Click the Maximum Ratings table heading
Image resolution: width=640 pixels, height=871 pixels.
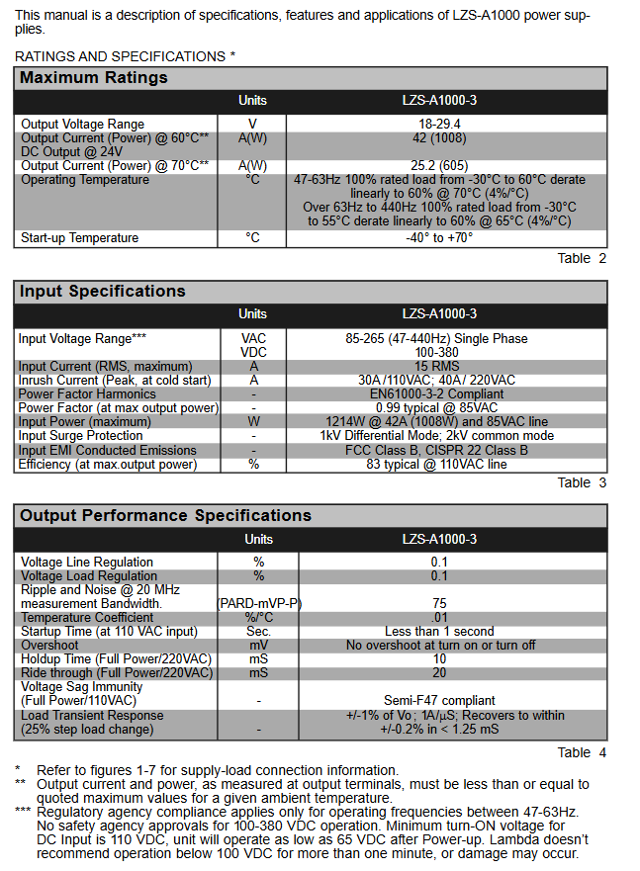click(x=94, y=78)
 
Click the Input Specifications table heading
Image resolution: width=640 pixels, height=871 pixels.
click(x=103, y=292)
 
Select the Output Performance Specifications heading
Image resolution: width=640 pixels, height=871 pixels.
click(x=165, y=516)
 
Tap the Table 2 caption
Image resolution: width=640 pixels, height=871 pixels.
click(x=581, y=259)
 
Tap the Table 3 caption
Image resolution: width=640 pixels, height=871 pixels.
click(x=581, y=483)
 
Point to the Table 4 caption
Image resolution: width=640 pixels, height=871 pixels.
click(x=581, y=752)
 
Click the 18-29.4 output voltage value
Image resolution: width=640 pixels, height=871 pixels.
click(x=439, y=125)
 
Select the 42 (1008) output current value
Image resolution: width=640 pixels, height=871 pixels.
click(x=439, y=138)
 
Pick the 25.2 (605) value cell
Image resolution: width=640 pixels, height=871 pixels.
click(x=439, y=165)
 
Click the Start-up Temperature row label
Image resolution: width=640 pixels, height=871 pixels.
click(x=80, y=238)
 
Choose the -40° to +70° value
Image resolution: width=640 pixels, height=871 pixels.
click(x=439, y=238)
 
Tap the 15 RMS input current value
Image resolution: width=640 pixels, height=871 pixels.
click(x=439, y=367)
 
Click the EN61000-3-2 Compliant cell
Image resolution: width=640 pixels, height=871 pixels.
click(x=439, y=394)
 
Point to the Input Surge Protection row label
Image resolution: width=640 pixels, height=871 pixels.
click(x=80, y=436)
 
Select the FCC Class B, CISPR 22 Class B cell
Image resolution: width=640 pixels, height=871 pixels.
click(x=439, y=451)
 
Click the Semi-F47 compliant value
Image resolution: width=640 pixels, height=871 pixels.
click(x=439, y=700)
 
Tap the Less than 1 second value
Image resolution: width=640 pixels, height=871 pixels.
click(x=439, y=632)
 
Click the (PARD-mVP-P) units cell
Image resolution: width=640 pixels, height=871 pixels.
click(x=259, y=603)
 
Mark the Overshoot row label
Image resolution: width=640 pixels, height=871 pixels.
click(x=50, y=646)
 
